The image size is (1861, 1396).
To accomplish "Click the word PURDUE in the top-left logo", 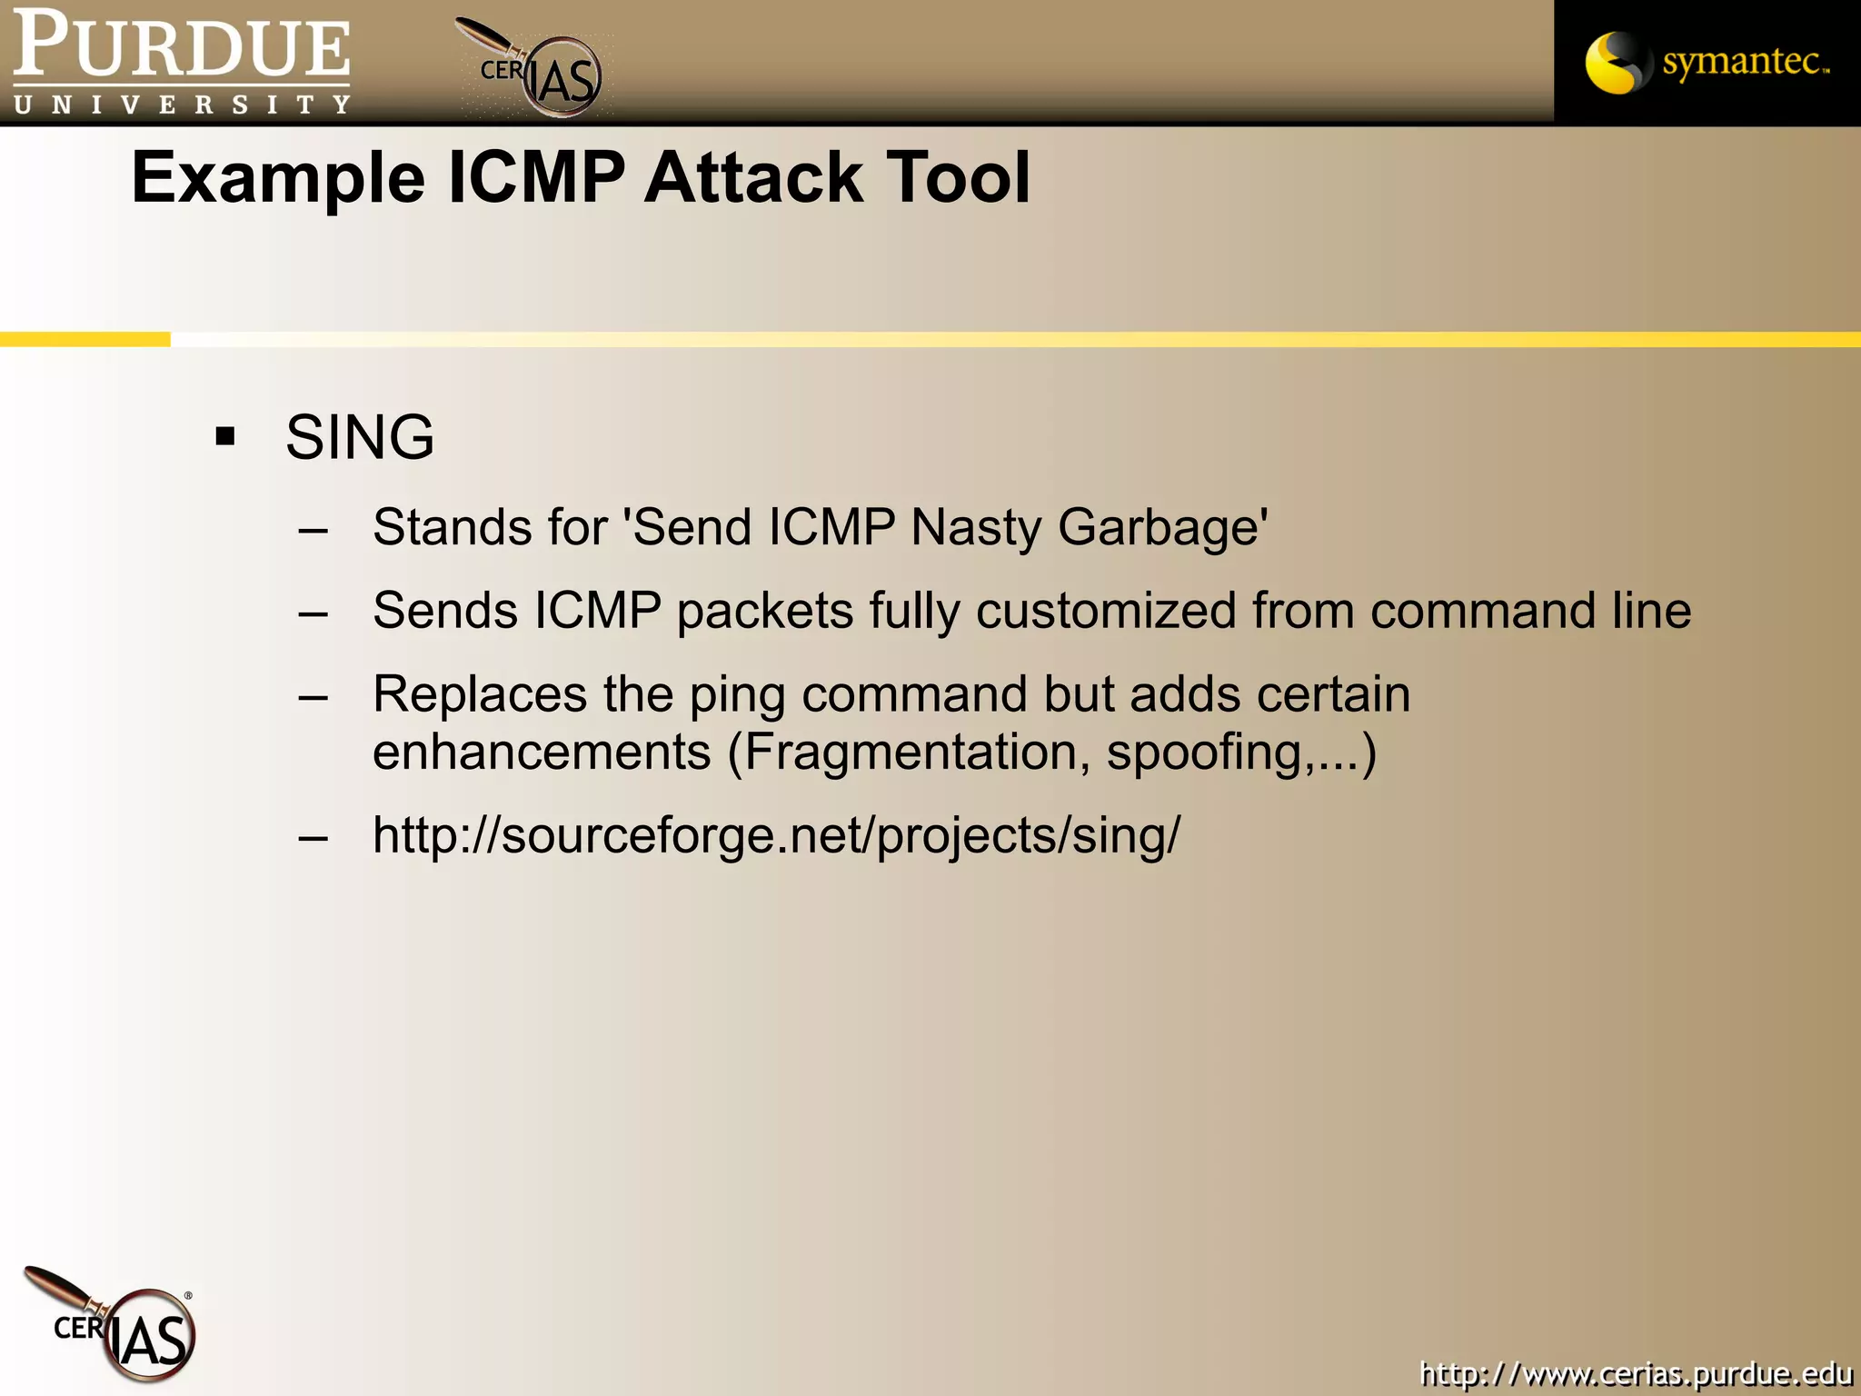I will pos(182,45).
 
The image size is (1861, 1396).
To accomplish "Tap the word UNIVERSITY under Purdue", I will pos(182,105).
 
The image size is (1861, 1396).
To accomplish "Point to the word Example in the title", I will pos(278,178).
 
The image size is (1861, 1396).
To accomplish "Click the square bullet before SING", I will pos(225,437).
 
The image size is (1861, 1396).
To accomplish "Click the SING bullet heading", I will pos(360,437).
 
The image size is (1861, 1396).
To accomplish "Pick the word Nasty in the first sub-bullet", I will pos(975,528).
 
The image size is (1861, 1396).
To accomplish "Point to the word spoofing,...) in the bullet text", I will pos(1241,753).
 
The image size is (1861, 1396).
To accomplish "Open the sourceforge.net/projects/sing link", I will pos(777,835).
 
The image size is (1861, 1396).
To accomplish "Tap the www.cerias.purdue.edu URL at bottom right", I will pos(1636,1373).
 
